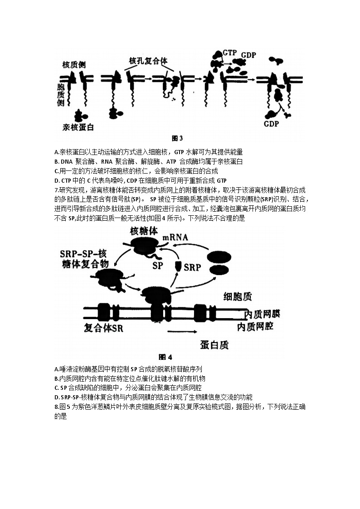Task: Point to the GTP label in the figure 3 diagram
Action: (230, 53)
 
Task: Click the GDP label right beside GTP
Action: (248, 55)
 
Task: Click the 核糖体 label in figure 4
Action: (144, 231)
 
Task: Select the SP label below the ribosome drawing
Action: (157, 264)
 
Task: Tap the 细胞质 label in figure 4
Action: (238, 297)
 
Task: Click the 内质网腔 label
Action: (257, 327)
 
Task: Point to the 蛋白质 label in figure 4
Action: (214, 345)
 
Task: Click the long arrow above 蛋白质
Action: (186, 332)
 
